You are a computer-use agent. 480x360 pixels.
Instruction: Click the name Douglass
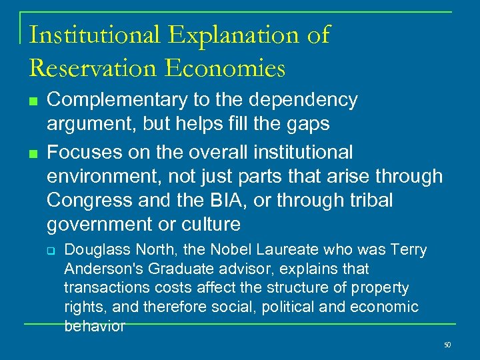tap(92, 250)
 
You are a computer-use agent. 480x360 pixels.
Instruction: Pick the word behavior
tap(94, 326)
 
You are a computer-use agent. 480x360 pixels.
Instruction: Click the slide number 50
tap(447, 345)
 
